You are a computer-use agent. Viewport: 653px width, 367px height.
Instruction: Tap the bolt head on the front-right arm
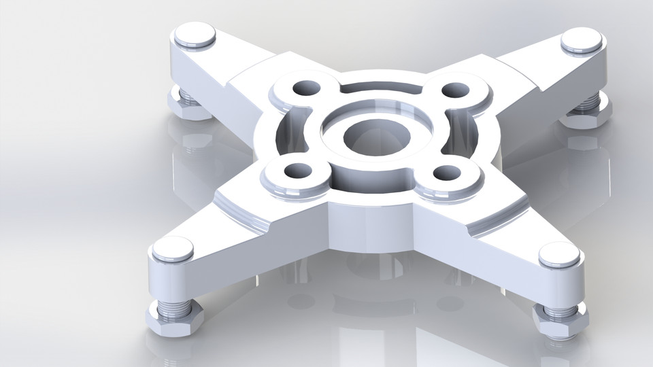[x=559, y=255]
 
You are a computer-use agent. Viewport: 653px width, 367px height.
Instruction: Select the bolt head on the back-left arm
[x=192, y=35]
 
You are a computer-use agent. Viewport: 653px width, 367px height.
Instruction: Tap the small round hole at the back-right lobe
[x=455, y=90]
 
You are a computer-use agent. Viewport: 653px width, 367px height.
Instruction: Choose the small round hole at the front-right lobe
[x=448, y=173]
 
